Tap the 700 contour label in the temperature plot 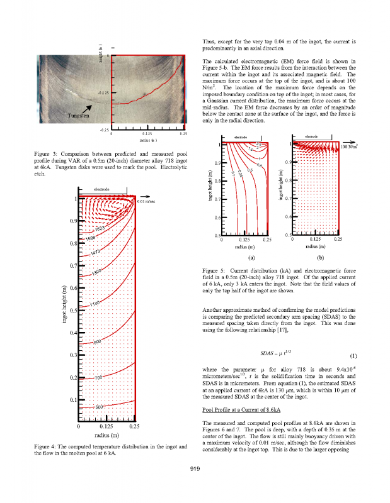[99, 377]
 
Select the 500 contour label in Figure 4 [100, 406]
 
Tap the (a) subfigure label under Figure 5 [251, 257]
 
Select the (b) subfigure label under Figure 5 [320, 257]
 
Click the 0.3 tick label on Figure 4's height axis [73, 356]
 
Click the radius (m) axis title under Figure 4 [106, 435]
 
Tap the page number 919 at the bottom [195, 485]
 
